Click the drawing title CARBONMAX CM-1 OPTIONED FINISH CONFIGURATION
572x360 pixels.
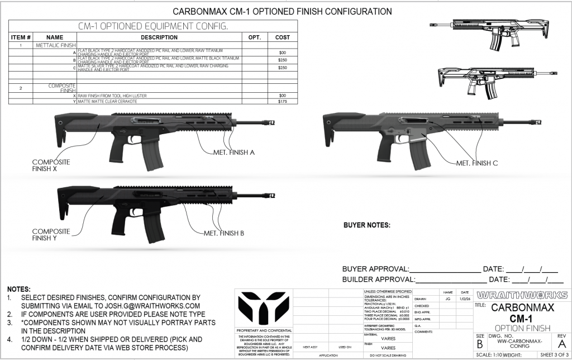(x=282, y=11)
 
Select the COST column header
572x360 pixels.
(x=282, y=37)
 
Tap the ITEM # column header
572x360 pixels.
(x=21, y=37)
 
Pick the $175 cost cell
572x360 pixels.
(x=282, y=102)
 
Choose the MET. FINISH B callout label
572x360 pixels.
(x=223, y=233)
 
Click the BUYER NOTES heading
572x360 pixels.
(x=366, y=226)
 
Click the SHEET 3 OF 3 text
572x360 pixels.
(x=552, y=355)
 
